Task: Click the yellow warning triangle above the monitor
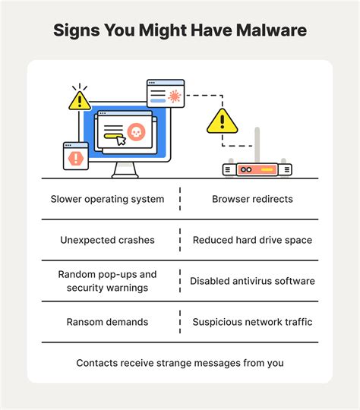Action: tap(79, 100)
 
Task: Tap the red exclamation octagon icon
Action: tap(75, 159)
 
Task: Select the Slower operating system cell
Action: tap(107, 200)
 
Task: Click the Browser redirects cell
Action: tap(251, 200)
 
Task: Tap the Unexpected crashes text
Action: tap(107, 240)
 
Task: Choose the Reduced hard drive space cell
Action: tap(251, 240)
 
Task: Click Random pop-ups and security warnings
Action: tap(107, 281)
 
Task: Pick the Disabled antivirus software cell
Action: tap(251, 281)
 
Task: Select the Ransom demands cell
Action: tap(107, 322)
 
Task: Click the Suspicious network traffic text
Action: tap(251, 322)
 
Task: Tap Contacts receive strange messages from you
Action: tap(180, 363)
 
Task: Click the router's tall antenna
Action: tap(257, 145)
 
